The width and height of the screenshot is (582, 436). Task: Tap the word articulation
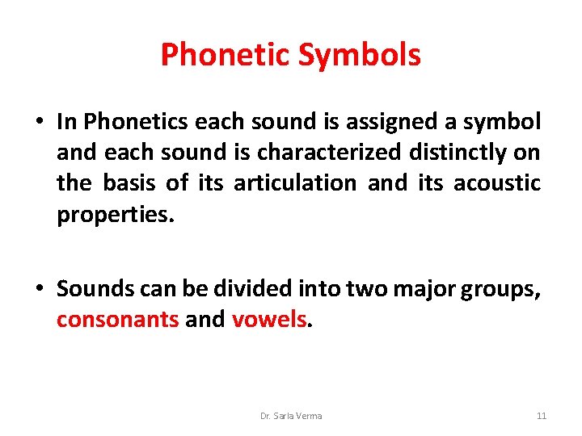tap(295, 183)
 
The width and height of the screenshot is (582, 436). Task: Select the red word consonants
tap(118, 320)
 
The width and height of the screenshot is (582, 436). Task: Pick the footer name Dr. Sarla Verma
tap(291, 416)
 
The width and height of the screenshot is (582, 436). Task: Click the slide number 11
tap(542, 416)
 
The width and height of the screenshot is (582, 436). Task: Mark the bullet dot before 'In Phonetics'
tap(40, 123)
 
